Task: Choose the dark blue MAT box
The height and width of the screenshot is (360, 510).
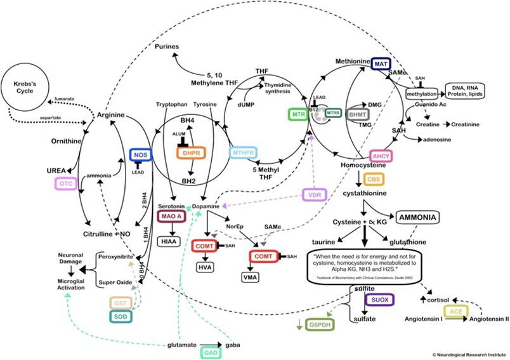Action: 381,65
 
